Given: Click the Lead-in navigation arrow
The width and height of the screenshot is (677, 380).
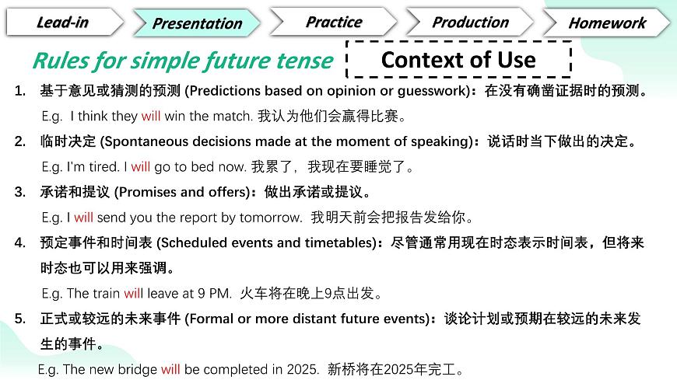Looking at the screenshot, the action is coord(65,22).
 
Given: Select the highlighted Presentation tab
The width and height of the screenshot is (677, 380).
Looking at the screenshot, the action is coord(197,23).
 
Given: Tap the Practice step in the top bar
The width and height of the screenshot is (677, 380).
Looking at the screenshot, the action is coord(333,22).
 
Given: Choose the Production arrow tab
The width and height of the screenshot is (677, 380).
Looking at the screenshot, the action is coord(470,22).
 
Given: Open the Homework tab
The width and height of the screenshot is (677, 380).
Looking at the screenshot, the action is coord(607,23).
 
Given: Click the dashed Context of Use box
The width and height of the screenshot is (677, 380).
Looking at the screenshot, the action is coord(458,60).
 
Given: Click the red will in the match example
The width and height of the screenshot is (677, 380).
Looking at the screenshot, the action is coord(151,116).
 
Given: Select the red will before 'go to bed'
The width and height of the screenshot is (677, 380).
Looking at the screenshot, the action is coord(140,166).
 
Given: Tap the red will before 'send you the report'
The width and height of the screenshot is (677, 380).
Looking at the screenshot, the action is coord(83,218).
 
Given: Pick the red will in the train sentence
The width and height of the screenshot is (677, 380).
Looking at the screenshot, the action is coord(133,293).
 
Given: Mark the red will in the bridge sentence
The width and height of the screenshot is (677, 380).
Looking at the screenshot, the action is coord(170,369).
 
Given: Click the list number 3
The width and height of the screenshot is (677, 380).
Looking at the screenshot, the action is coord(20,192).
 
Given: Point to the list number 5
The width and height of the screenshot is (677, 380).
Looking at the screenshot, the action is coord(20,319).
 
